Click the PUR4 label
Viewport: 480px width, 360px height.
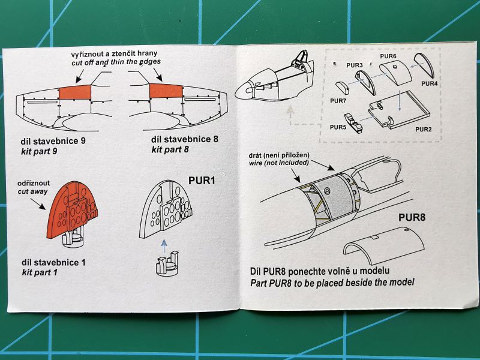429,83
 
